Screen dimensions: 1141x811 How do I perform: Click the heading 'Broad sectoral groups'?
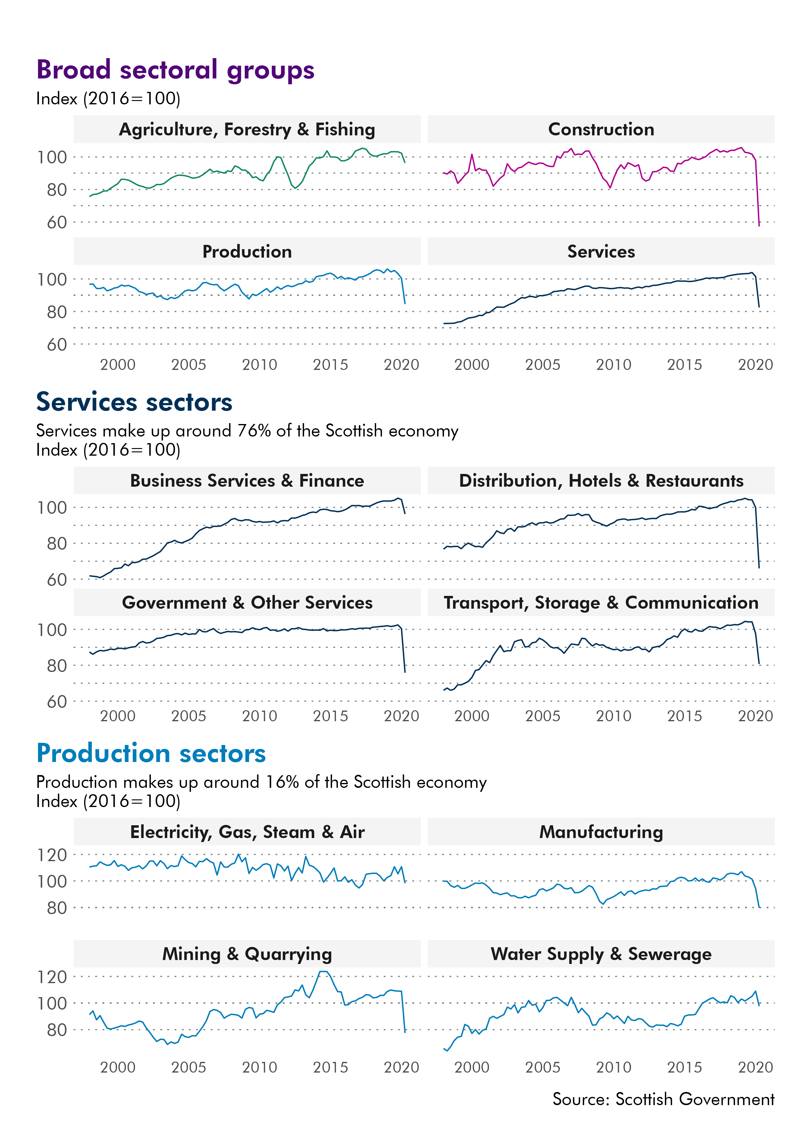tap(175, 70)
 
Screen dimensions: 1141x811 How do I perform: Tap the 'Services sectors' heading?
tap(134, 402)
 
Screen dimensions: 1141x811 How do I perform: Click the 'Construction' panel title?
tap(601, 129)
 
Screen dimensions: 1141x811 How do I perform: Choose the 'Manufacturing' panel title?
tap(601, 832)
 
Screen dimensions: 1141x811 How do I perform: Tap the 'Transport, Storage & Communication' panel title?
tap(601, 603)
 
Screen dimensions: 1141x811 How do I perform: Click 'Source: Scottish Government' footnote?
tap(663, 1099)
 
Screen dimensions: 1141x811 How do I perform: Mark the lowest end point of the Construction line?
tap(759, 226)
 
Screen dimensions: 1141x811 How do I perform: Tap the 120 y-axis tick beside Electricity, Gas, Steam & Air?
tap(52, 855)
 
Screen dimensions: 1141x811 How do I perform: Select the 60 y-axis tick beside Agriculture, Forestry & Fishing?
tap(57, 222)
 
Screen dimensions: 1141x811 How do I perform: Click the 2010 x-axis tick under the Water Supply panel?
tap(613, 1067)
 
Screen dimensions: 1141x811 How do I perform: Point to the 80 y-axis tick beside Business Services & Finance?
tap(57, 544)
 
